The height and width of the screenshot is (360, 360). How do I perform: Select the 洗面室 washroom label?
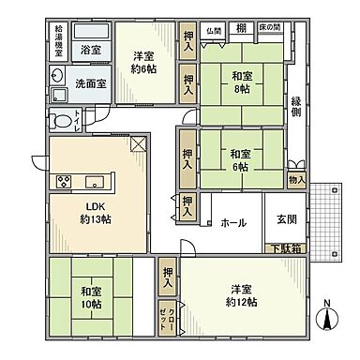coord(90,82)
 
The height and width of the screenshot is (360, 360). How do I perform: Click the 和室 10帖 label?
coord(91,298)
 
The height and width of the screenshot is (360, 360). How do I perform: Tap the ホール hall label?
coord(232,223)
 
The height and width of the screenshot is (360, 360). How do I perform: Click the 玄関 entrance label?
coord(285,220)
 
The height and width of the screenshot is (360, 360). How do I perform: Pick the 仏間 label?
coord(215,30)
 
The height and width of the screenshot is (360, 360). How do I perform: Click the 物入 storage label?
coord(297,178)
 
